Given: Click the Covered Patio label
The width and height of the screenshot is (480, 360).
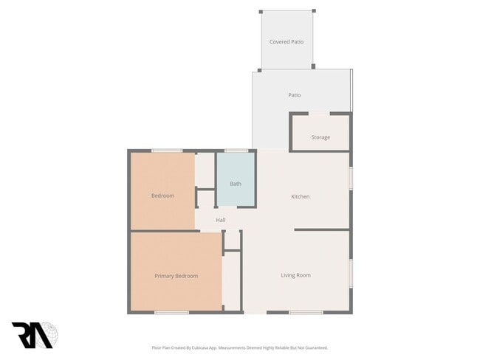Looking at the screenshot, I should coord(287,42).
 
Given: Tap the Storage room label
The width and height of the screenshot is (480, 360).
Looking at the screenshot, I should coord(320,137).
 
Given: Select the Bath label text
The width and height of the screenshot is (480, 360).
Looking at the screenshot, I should coord(236,184).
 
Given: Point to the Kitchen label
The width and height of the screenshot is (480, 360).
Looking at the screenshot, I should coord(300,197).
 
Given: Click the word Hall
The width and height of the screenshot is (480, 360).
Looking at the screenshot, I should coord(220,220).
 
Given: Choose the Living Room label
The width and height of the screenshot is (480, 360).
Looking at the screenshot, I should coord(295,275).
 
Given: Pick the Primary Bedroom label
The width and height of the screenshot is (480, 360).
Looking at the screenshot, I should coord(176,276).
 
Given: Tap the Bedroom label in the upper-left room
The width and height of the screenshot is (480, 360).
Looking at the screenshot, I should coord(162,195).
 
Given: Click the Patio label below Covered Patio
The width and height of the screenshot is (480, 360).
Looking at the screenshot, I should coord(294,95).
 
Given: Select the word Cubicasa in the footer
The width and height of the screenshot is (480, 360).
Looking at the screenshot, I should coord(208,347).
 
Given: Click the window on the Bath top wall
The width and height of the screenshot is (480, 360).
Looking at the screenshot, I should coord(236,150).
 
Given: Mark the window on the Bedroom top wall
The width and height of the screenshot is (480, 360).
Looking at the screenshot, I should coord(167,150).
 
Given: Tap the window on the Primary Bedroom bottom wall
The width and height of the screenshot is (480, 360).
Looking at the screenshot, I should coord(171,313).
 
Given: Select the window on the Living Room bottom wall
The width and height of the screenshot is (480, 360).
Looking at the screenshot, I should coord(306,313).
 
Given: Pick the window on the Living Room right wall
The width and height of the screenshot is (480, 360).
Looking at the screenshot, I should coord(351,273).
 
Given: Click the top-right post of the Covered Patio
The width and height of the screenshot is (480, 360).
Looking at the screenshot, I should coord(314,11).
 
